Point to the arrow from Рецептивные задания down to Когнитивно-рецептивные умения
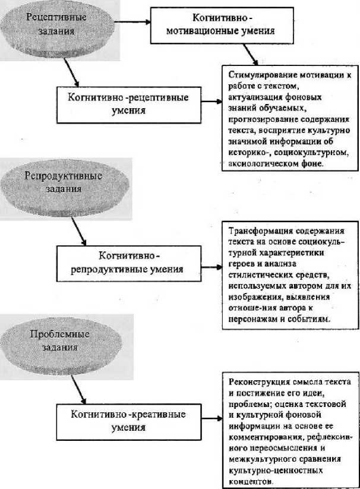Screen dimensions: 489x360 (x=74, y=72)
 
